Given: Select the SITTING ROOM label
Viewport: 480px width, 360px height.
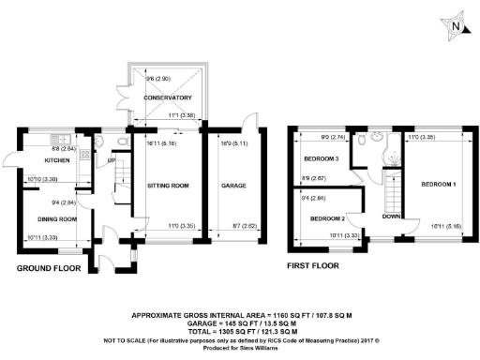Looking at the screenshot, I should (x=168, y=186).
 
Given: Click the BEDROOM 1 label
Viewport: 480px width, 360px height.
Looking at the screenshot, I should (x=437, y=184).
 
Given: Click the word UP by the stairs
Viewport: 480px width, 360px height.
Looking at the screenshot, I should (x=113, y=160).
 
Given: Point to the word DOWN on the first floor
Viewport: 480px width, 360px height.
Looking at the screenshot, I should (x=391, y=216).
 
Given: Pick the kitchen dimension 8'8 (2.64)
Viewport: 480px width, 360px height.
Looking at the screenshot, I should (x=63, y=148).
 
